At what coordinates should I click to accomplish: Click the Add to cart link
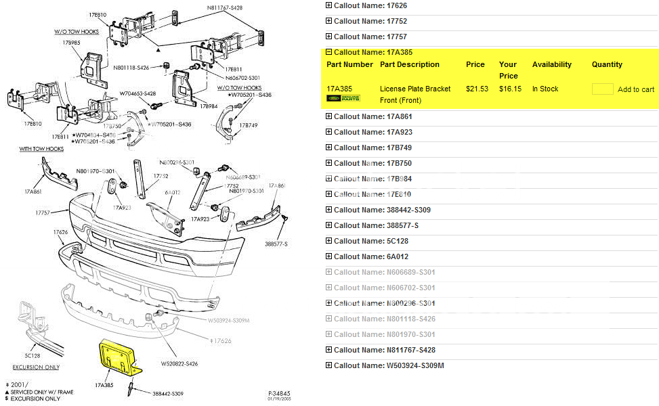[x=636, y=89]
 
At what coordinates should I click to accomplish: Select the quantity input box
[x=602, y=89]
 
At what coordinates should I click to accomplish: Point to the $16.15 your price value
[x=510, y=89]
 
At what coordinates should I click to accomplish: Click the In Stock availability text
[x=545, y=89]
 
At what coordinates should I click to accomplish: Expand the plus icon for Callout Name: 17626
[x=329, y=5]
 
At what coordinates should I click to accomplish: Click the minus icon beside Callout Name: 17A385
[x=329, y=52]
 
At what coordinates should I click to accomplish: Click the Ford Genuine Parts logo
[x=343, y=99]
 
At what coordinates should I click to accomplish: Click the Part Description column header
[x=410, y=64]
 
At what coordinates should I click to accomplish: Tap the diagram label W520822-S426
[x=179, y=364]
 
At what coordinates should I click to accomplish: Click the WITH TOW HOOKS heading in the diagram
[x=41, y=149]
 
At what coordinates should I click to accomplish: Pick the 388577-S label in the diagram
[x=276, y=244]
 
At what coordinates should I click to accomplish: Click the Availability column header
[x=551, y=64]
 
